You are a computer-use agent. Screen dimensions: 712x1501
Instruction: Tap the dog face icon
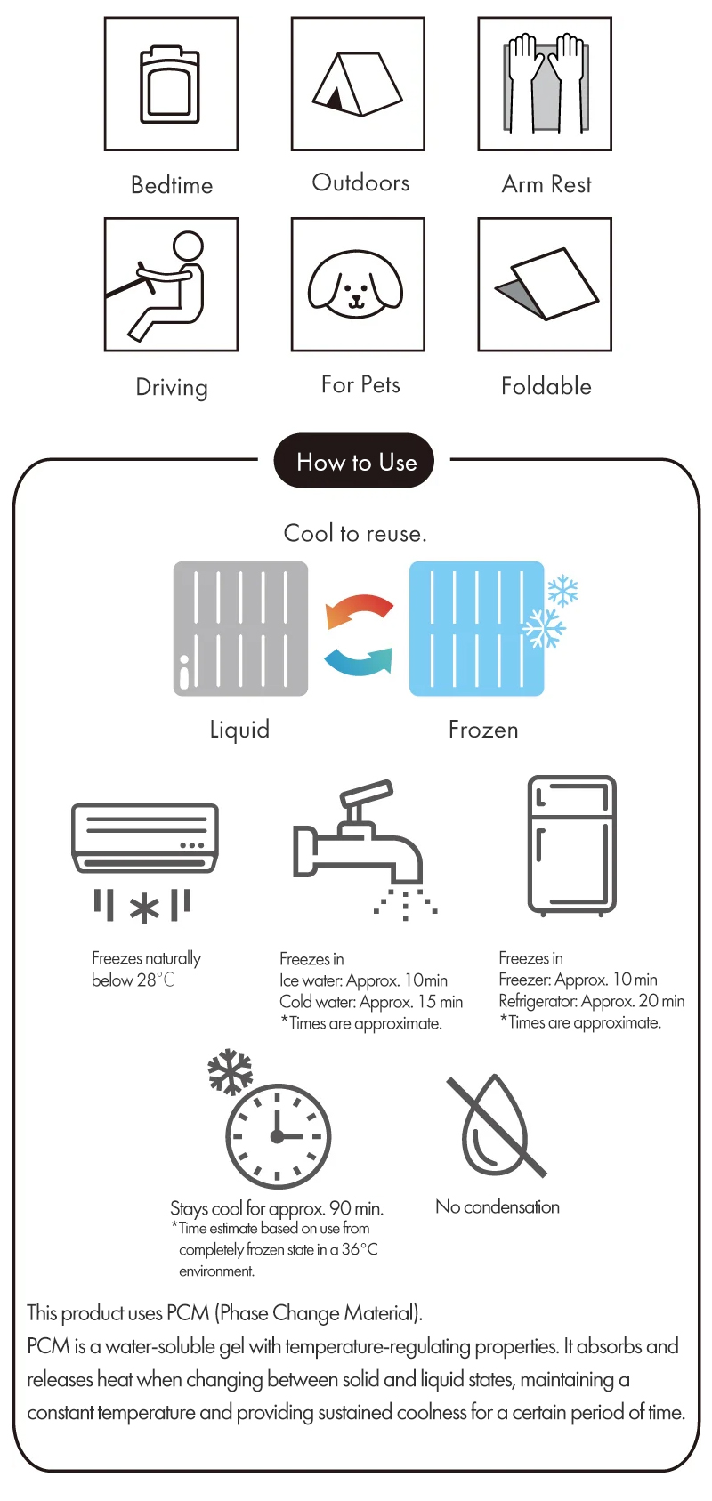(x=355, y=284)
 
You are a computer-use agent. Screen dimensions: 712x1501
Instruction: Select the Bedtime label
(x=172, y=185)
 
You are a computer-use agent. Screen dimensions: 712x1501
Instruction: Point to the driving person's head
(x=189, y=246)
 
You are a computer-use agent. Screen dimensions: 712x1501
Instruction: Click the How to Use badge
(x=354, y=460)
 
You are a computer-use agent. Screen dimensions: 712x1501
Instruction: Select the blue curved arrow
(x=359, y=661)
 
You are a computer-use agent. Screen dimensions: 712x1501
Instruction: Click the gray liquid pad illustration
(x=240, y=628)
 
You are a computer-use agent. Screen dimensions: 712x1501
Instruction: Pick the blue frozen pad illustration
(x=477, y=628)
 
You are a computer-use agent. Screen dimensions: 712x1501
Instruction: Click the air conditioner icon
(x=145, y=837)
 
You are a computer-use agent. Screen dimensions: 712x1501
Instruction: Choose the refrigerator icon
(x=571, y=845)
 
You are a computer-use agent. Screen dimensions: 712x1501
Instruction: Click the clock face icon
(x=279, y=1136)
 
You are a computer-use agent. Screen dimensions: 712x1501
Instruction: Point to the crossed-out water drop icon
(x=497, y=1126)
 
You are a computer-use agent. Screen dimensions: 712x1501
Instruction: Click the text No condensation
(x=498, y=1206)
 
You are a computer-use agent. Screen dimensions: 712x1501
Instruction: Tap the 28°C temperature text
(x=156, y=980)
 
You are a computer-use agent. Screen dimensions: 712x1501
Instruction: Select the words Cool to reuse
(x=354, y=533)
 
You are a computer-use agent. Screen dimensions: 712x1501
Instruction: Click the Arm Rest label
(x=546, y=184)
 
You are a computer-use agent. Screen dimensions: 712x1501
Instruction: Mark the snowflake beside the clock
(x=230, y=1071)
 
